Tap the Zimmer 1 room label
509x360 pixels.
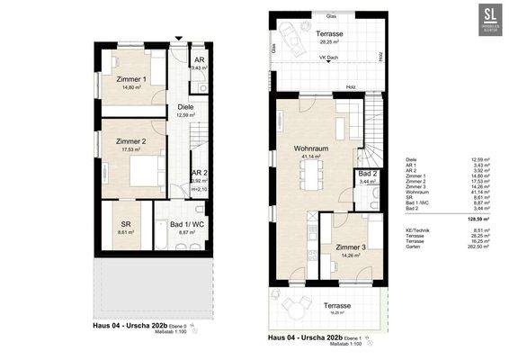(x=132, y=80)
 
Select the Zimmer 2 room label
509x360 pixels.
(x=132, y=143)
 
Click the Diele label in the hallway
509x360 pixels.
(x=185, y=107)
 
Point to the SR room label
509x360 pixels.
(x=120, y=227)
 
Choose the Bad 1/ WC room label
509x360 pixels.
(x=184, y=227)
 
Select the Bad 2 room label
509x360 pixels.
(x=366, y=173)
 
